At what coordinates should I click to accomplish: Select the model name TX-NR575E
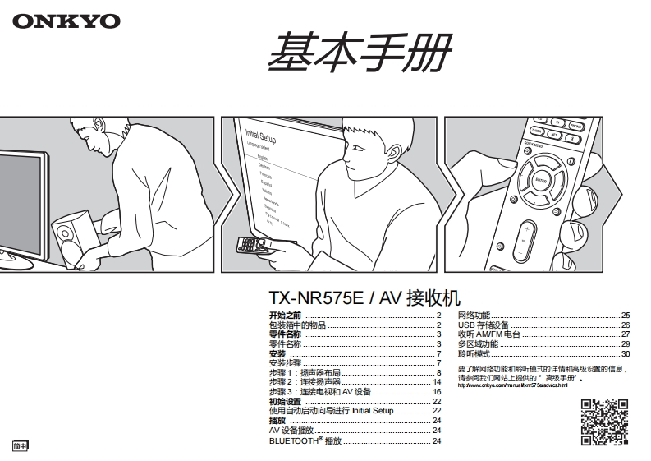pyautogui.click(x=316, y=298)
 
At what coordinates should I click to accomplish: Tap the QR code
pyautogui.click(x=604, y=422)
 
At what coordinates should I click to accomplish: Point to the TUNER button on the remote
pyautogui.click(x=537, y=131)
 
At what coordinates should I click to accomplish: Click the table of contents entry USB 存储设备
pyautogui.click(x=484, y=325)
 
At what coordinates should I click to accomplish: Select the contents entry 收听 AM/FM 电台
pyautogui.click(x=489, y=334)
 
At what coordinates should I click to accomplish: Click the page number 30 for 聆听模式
pyautogui.click(x=625, y=353)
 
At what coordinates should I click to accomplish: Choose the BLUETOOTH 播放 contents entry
pyautogui.click(x=305, y=441)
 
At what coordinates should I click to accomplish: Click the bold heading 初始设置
pyautogui.click(x=285, y=401)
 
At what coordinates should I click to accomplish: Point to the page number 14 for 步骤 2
pyautogui.click(x=437, y=382)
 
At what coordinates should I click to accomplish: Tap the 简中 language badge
pyautogui.click(x=20, y=445)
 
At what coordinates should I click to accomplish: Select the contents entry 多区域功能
pyautogui.click(x=478, y=344)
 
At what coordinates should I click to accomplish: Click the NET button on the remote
pyautogui.click(x=556, y=134)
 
